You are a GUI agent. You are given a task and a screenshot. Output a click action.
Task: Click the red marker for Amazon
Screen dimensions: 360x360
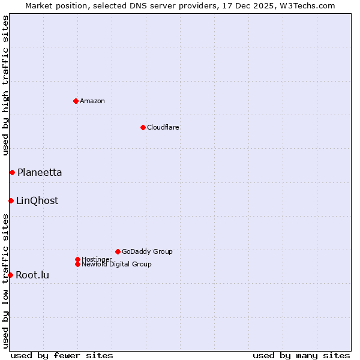point(76,101)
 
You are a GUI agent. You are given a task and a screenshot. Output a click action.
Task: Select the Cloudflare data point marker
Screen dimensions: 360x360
point(143,127)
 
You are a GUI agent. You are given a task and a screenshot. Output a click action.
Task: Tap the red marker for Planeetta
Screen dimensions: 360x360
point(12,173)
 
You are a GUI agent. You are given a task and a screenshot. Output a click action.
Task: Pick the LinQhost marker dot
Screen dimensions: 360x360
point(11,200)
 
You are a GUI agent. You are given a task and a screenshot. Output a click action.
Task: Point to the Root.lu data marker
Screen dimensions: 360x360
point(10,275)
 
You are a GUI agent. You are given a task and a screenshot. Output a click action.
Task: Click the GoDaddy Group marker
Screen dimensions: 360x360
point(118,251)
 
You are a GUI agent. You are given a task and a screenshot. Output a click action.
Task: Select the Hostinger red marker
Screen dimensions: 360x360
point(77,259)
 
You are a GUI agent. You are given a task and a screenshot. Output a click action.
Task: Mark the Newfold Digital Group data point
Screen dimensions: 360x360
point(77,264)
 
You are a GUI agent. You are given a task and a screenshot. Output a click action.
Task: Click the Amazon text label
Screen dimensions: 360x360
point(92,101)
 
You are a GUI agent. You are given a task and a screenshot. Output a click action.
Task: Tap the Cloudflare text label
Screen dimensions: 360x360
point(163,127)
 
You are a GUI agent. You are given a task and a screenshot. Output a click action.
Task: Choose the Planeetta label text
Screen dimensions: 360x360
point(40,173)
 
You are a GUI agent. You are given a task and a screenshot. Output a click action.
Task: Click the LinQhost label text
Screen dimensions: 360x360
point(37,201)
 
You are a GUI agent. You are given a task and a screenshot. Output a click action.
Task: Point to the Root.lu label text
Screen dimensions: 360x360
point(32,275)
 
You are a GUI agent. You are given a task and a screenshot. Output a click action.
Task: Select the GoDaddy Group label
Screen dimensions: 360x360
point(147,251)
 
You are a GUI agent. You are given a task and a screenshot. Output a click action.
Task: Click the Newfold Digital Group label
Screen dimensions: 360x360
point(116,264)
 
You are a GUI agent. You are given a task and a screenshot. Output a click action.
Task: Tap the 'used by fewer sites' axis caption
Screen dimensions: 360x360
point(62,355)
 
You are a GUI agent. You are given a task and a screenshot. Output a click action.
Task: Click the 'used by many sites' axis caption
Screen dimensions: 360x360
point(301,355)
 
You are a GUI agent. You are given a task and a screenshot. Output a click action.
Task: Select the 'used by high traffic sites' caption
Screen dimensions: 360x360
point(5,86)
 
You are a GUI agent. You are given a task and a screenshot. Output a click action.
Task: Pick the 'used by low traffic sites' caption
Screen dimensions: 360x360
point(5,280)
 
